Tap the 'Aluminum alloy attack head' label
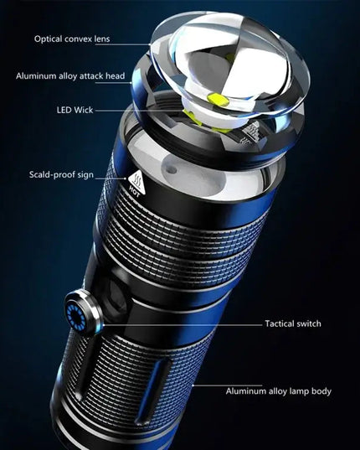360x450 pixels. tap(70, 76)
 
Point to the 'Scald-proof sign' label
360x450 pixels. tap(61, 175)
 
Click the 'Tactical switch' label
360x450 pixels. tap(293, 323)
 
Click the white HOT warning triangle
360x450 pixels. tap(136, 179)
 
